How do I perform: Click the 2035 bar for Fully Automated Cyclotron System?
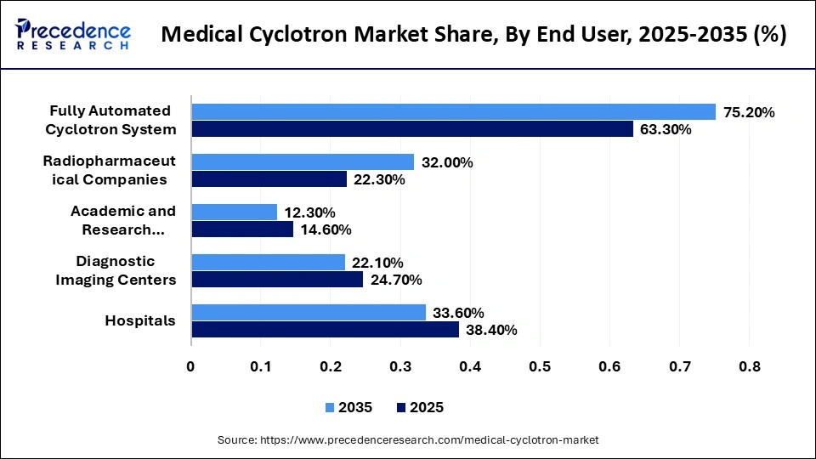click(x=454, y=111)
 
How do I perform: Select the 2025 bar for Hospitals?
click(x=325, y=329)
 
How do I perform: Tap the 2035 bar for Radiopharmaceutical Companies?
click(x=303, y=161)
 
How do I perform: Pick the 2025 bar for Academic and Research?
click(x=242, y=229)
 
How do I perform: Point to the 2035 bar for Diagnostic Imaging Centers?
click(x=268, y=262)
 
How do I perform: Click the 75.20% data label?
click(x=748, y=112)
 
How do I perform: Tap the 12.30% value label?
click(x=309, y=212)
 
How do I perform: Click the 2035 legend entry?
click(x=348, y=407)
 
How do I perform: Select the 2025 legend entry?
click(x=420, y=407)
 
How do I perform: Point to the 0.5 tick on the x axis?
click(x=539, y=366)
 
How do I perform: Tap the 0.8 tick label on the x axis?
click(x=748, y=366)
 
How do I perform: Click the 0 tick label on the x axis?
click(x=191, y=366)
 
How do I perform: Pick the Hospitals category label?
click(x=140, y=320)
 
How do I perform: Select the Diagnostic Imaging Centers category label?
click(x=116, y=270)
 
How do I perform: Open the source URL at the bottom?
click(x=408, y=439)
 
